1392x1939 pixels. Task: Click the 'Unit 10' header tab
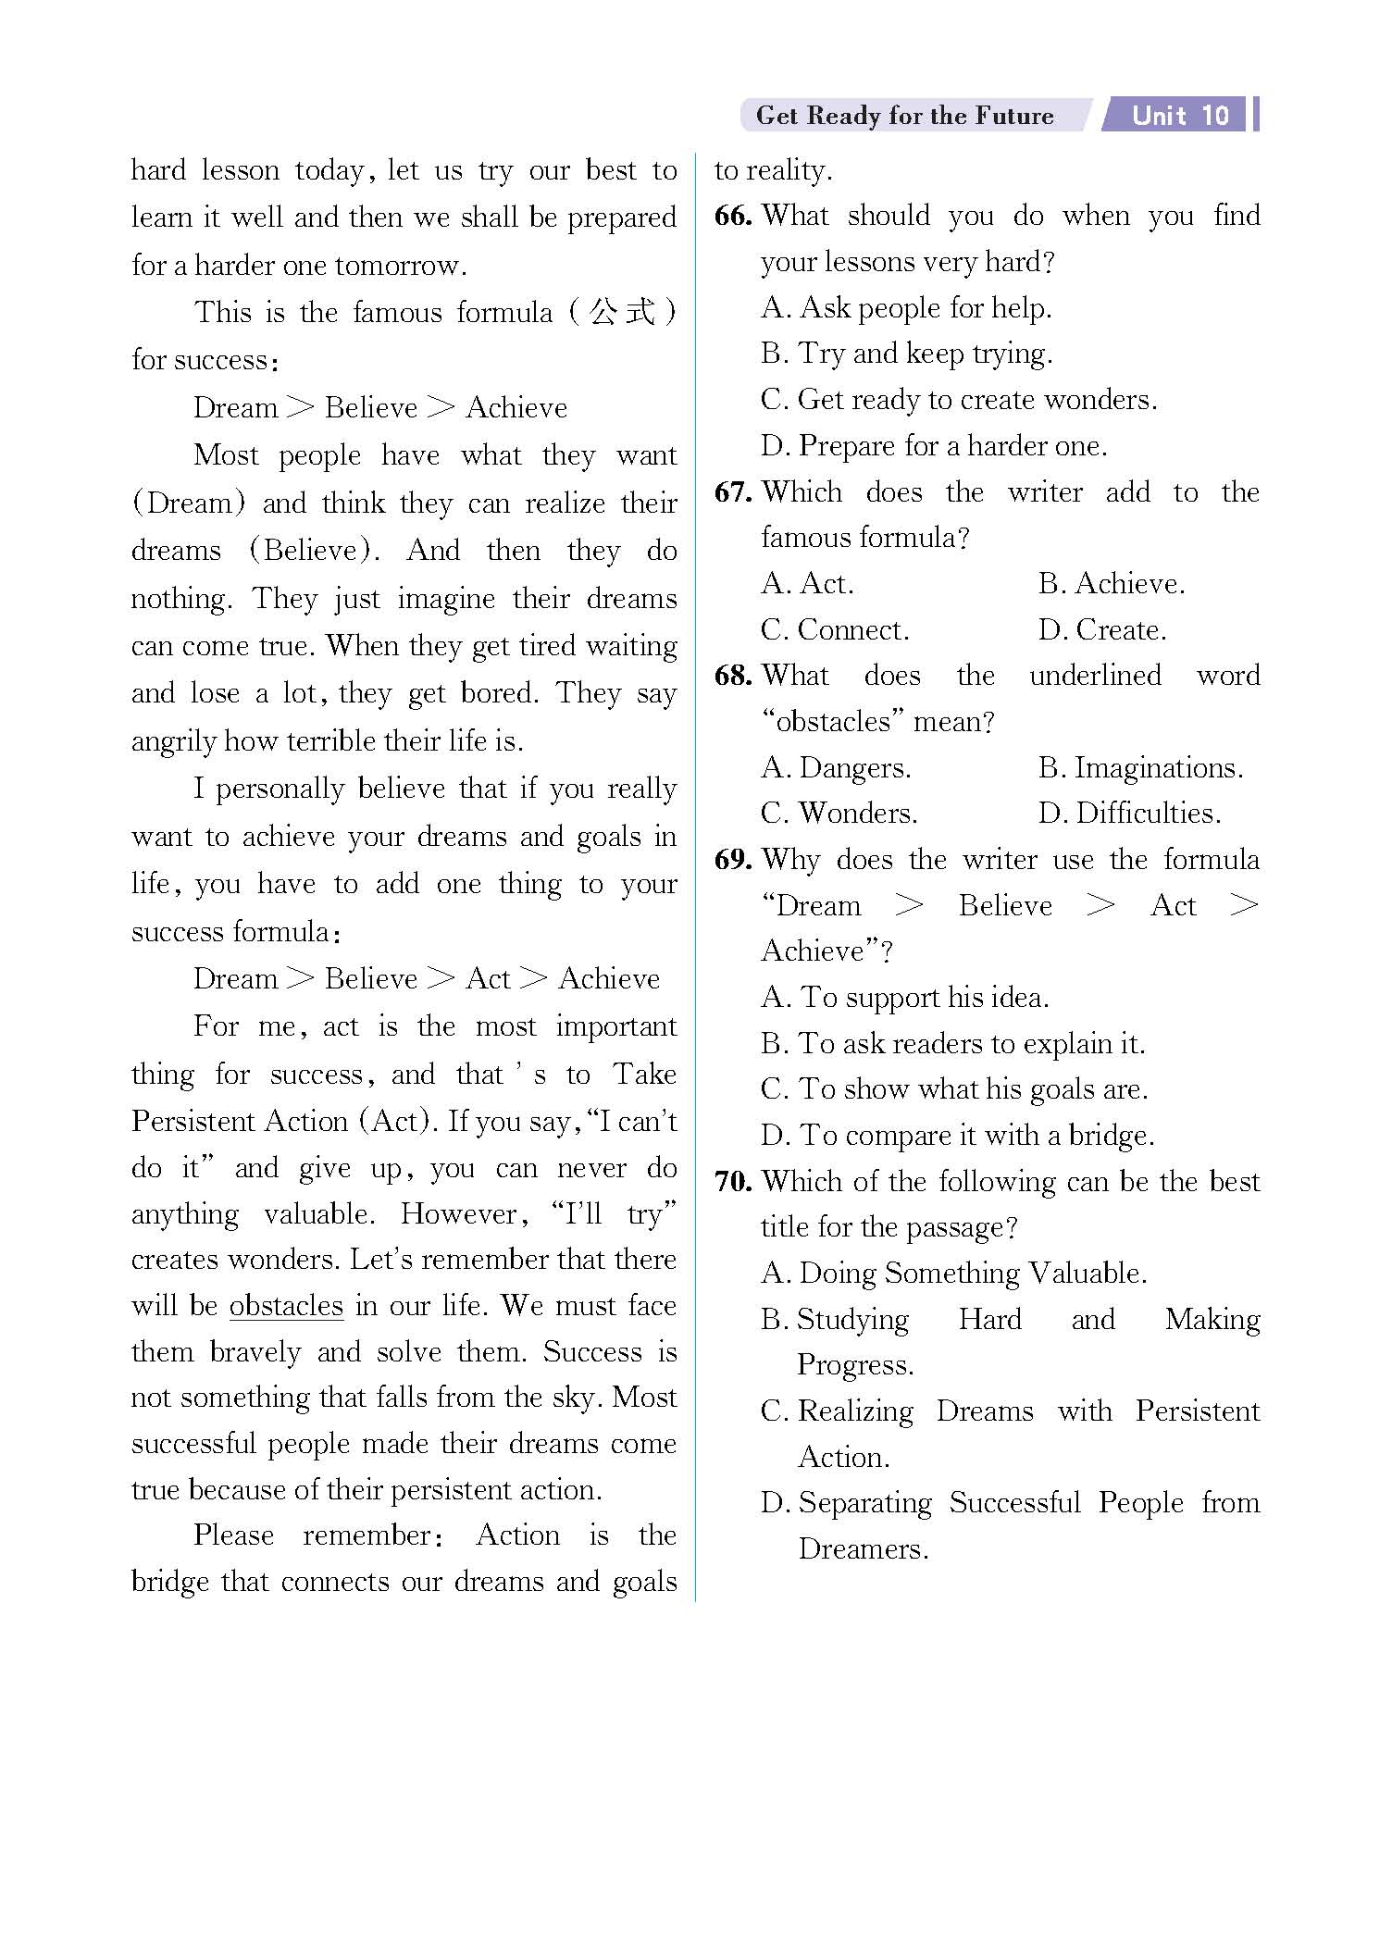1180,116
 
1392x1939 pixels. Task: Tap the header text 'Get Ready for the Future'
904,116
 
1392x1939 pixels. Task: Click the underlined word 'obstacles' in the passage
286,1305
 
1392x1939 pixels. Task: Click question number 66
732,216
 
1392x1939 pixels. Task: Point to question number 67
732,491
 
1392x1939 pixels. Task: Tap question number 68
732,675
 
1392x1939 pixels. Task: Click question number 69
732,859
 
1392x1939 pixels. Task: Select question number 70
732,1181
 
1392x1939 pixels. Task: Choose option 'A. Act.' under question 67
807,583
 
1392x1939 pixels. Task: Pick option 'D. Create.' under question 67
1101,629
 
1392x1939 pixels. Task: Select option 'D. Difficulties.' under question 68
1129,813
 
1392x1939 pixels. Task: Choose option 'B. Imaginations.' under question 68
1140,767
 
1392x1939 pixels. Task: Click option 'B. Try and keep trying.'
906,353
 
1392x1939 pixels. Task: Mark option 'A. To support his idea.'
904,997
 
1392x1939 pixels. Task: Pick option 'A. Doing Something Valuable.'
953,1273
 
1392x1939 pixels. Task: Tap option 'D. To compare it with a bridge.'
957,1135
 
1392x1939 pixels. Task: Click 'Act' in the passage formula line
488,978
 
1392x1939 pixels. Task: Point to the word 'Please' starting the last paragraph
233,1535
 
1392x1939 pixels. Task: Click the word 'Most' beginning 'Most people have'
225,454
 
